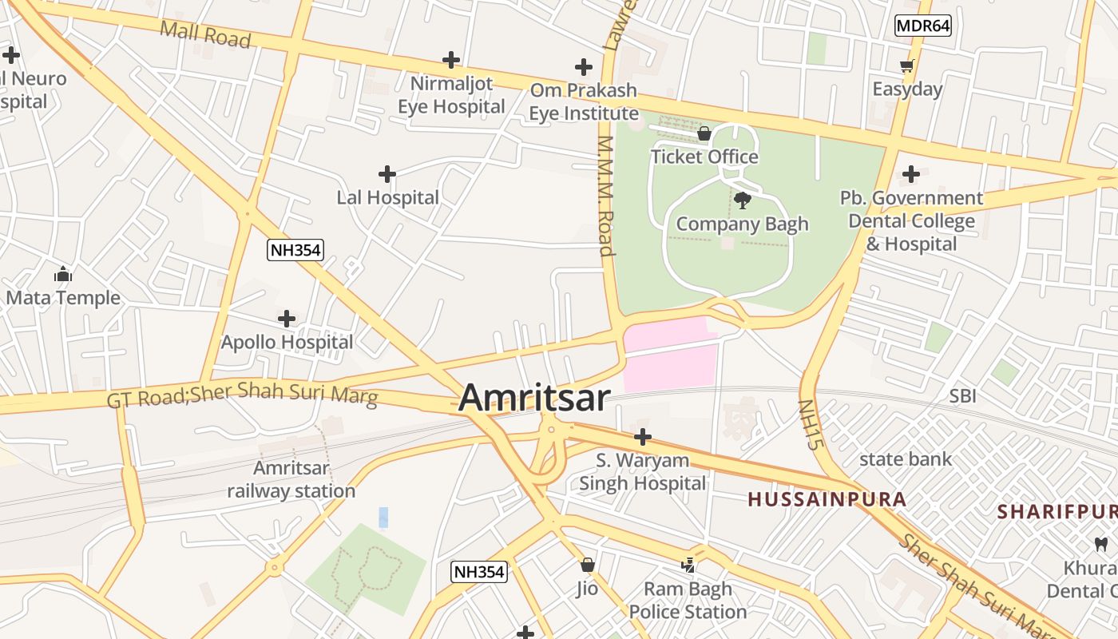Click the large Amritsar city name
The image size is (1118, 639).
(x=534, y=398)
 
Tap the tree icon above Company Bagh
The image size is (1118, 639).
(x=742, y=200)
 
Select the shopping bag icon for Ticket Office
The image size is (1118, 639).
(x=704, y=133)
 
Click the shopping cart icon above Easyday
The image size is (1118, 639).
(x=906, y=65)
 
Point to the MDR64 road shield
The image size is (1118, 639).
(x=922, y=26)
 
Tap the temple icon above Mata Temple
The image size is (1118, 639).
(x=63, y=275)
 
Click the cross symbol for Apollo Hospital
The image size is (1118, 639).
(x=287, y=319)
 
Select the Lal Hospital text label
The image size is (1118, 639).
(x=387, y=197)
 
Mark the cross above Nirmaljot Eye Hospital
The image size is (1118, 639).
(x=451, y=60)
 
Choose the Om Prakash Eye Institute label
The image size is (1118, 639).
(x=584, y=101)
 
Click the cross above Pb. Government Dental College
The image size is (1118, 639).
(x=910, y=174)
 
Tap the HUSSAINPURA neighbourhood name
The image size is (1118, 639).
(x=827, y=500)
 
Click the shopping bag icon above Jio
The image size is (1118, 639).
(x=588, y=565)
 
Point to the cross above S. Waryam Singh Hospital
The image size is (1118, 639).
(x=642, y=437)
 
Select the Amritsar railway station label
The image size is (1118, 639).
(x=291, y=479)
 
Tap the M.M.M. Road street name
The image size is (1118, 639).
(x=605, y=196)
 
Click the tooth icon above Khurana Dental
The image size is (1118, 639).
(x=1100, y=544)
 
